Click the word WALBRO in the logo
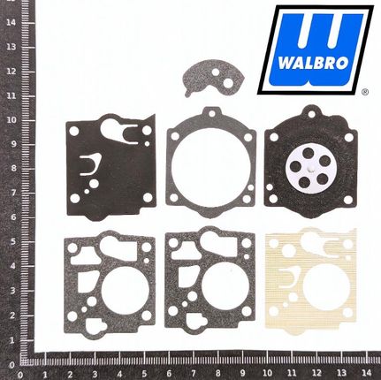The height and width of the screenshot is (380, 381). pyautogui.click(x=313, y=63)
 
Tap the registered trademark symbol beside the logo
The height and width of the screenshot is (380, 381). pyautogui.click(x=365, y=92)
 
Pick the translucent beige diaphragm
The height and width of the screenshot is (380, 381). pyautogui.click(x=311, y=282)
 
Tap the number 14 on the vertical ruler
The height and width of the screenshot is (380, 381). pyautogui.click(x=11, y=22)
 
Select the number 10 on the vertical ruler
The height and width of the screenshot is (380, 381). pyautogui.click(x=11, y=120)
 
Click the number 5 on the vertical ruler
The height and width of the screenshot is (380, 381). pyautogui.click(x=12, y=241)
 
